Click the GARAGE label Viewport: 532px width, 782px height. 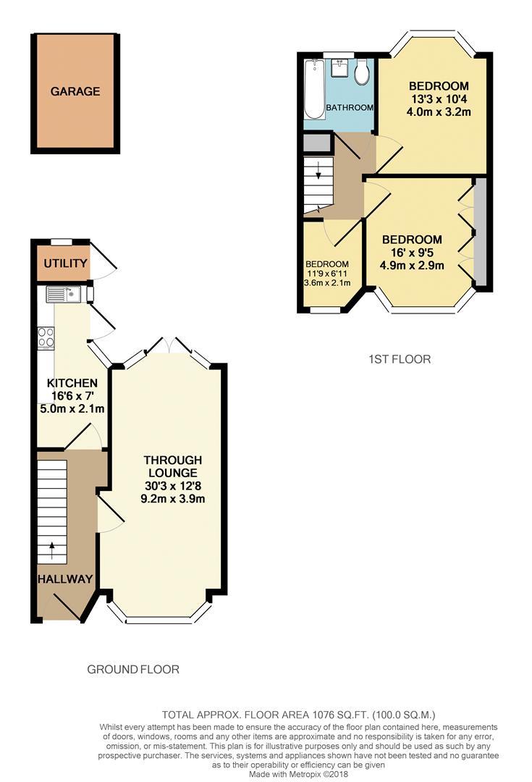pyautogui.click(x=75, y=92)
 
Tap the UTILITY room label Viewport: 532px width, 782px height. pyautogui.click(x=65, y=264)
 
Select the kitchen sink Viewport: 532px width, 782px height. pyautogui.click(x=65, y=294)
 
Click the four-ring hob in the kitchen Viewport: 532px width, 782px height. pyautogui.click(x=47, y=337)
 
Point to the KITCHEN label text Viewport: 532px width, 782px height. pyautogui.click(x=72, y=383)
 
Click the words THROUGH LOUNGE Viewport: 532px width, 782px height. pyautogui.click(x=172, y=466)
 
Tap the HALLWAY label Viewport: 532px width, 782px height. pyautogui.click(x=65, y=579)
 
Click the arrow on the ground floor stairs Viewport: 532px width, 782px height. pyautogui.click(x=51, y=549)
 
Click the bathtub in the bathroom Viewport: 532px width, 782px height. pyautogui.click(x=315, y=90)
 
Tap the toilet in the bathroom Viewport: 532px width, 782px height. pyautogui.click(x=363, y=72)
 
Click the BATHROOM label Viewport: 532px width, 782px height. pyautogui.click(x=350, y=107)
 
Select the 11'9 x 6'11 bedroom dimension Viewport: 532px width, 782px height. pyautogui.click(x=327, y=273)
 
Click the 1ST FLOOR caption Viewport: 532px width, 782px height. pyautogui.click(x=400, y=358)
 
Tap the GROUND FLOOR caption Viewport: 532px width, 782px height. pyautogui.click(x=133, y=669)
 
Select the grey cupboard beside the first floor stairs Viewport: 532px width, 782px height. pyautogui.click(x=316, y=143)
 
